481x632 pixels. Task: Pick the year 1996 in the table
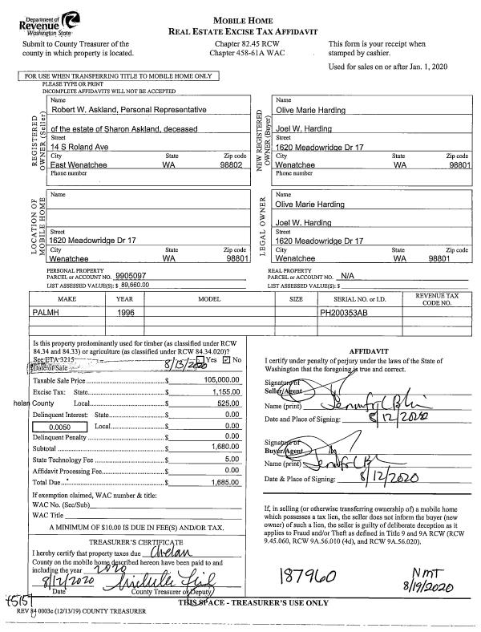(127, 311)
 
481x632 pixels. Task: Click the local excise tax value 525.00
(229, 403)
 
